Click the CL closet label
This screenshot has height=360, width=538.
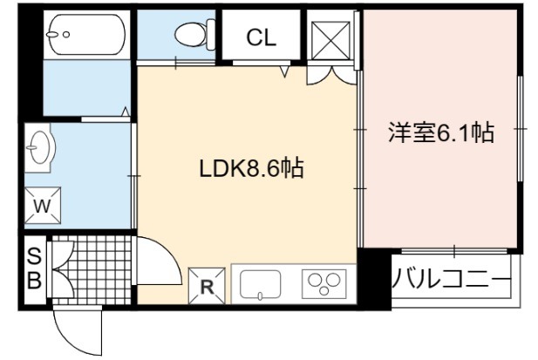point(261,37)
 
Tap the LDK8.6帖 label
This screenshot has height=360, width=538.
point(251,168)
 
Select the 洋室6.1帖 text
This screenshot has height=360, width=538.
point(441,132)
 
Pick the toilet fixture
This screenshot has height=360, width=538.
point(194,34)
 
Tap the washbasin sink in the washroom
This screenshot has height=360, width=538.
point(40,147)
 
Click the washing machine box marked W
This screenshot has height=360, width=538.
point(43,206)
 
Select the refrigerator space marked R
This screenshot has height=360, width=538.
point(207,286)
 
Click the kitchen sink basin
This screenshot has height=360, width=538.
point(260,284)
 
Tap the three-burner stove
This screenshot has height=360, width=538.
point(323,283)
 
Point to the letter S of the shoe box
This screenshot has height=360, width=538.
point(34,256)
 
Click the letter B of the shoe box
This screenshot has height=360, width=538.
point(34,280)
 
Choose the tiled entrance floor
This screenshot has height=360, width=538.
point(92,270)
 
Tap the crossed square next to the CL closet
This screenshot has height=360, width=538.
point(331,40)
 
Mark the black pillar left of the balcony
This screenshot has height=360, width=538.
point(374,278)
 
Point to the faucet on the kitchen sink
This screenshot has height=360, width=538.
point(260,295)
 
